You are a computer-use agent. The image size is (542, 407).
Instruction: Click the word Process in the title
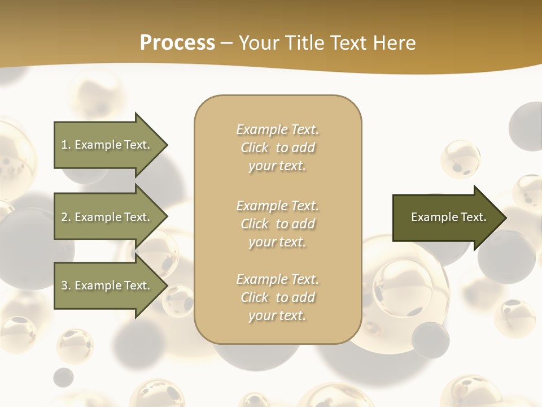tap(177, 43)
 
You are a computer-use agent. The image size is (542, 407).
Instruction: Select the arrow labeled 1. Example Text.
tap(107, 145)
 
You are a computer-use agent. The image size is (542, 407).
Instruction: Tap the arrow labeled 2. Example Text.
tap(107, 217)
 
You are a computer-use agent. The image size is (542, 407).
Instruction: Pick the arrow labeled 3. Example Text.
tap(107, 285)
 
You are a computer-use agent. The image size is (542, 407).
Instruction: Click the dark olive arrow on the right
tap(446, 217)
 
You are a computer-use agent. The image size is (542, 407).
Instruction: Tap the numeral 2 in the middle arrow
tap(64, 217)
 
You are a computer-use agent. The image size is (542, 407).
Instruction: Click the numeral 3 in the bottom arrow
tap(64, 285)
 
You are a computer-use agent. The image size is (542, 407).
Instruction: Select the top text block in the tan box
tap(277, 148)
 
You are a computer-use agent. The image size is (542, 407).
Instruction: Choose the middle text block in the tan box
tap(277, 223)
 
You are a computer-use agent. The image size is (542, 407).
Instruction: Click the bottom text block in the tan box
tap(277, 297)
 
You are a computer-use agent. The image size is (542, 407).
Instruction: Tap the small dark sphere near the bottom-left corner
tap(63, 377)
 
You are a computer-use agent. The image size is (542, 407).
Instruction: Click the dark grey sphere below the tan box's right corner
tap(430, 339)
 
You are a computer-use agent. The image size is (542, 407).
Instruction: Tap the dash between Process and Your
tap(227, 43)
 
